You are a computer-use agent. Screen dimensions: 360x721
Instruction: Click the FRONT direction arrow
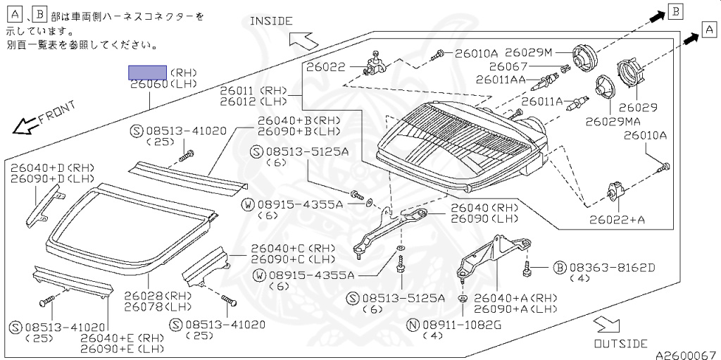(25, 126)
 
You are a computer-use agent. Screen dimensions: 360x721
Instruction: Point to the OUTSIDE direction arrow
(603, 325)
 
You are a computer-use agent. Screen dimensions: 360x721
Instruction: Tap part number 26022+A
(617, 220)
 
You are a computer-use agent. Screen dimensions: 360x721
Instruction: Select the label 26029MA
(613, 121)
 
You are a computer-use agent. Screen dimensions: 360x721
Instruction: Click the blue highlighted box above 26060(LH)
(146, 72)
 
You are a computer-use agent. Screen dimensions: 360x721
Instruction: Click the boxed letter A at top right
(708, 29)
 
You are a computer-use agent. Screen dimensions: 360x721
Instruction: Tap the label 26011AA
(501, 80)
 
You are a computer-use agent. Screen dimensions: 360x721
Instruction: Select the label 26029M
(529, 52)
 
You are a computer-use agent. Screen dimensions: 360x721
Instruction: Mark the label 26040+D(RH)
(52, 168)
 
